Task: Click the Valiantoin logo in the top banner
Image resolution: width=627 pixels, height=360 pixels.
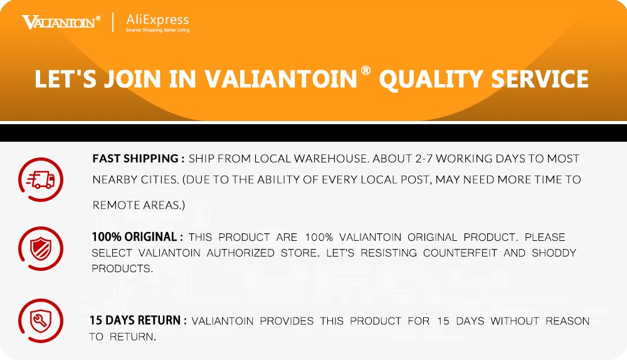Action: [x=61, y=22]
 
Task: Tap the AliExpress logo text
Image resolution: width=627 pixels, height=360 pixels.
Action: [x=157, y=19]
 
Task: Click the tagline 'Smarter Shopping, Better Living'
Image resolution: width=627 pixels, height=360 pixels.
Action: [x=157, y=30]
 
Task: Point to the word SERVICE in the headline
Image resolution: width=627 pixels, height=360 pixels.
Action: [x=539, y=79]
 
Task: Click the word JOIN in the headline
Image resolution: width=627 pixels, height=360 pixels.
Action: [x=132, y=79]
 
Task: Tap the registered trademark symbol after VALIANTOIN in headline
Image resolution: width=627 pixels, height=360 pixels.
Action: [x=366, y=70]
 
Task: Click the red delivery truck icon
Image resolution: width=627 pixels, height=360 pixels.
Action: [x=40, y=179]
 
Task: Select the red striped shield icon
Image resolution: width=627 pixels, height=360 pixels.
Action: [x=40, y=248]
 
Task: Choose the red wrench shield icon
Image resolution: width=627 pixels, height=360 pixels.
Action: [x=40, y=320]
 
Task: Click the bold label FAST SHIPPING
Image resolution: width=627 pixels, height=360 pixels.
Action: [x=135, y=159]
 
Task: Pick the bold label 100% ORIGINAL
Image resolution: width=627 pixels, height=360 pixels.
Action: [x=134, y=237]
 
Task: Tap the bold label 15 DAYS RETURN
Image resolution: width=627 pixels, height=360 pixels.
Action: [x=135, y=320]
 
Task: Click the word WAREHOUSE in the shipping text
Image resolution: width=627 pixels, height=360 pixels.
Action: [x=330, y=159]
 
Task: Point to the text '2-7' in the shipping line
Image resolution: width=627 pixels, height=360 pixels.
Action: [x=424, y=159]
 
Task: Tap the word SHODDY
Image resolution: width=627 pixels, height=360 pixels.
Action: [x=554, y=253]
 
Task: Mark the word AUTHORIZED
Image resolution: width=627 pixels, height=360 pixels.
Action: [x=240, y=253]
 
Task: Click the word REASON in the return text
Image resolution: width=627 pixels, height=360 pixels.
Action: [x=567, y=320]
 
